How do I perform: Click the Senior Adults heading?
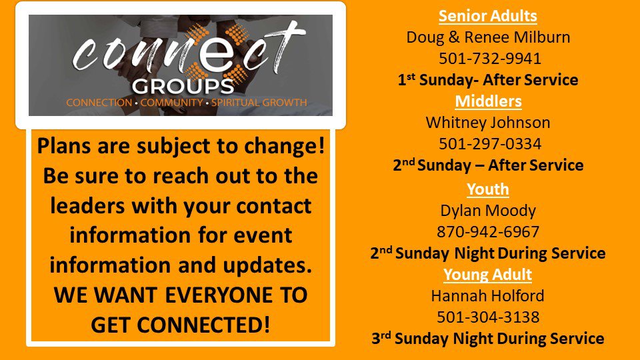(488, 16)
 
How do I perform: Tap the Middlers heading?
(488, 101)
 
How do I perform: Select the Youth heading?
(488, 189)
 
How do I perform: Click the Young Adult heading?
(488, 275)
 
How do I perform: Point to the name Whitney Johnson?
(488, 123)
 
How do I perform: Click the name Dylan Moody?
(488, 211)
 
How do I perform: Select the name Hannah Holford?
(488, 295)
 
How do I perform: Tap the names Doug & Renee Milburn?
(488, 37)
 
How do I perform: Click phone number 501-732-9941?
(490, 59)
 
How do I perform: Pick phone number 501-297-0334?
(490, 144)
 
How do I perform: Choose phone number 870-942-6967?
(488, 232)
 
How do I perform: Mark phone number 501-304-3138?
(488, 317)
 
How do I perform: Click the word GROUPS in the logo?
(183, 86)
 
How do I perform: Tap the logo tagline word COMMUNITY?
(171, 103)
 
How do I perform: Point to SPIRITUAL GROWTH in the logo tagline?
(259, 103)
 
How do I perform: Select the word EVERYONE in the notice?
(219, 295)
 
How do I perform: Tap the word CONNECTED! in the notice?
(203, 325)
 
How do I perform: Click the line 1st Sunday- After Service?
(488, 80)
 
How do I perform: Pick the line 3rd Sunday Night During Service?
(488, 339)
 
